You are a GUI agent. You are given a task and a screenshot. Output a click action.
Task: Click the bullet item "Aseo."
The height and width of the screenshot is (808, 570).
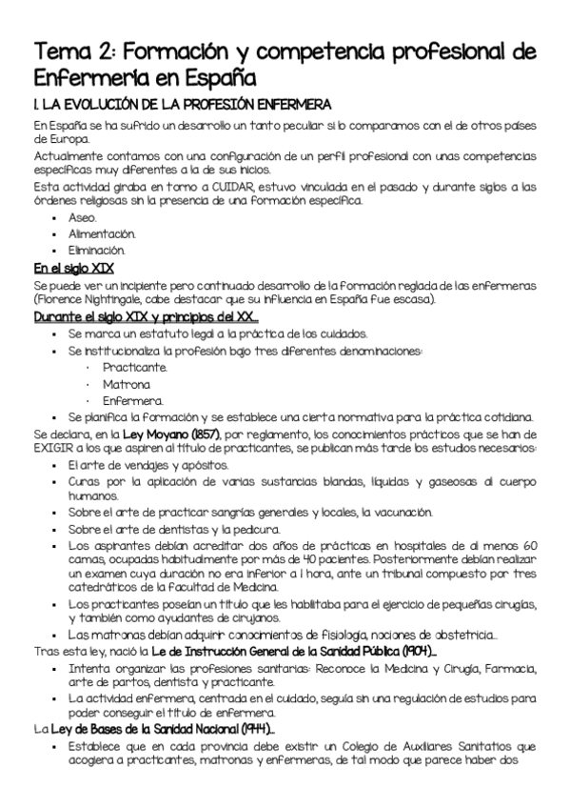[x=83, y=217]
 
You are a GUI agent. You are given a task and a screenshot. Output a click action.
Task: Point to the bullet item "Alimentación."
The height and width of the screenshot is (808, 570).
[x=102, y=233]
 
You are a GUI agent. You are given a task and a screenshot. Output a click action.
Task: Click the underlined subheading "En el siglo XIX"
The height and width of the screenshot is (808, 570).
[x=73, y=268]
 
